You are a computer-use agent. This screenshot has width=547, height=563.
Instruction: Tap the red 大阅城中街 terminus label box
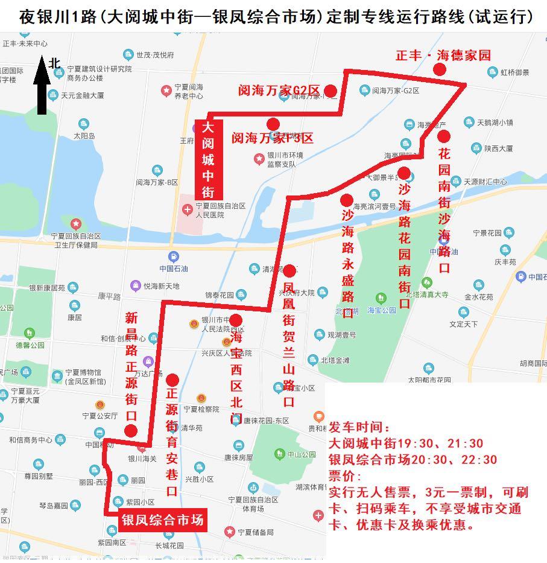[207, 159]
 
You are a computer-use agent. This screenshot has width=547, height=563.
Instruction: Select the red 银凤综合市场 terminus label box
[162, 520]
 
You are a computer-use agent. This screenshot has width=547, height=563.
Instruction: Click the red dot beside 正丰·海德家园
[440, 69]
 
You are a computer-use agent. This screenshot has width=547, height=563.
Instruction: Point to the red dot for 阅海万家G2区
[330, 91]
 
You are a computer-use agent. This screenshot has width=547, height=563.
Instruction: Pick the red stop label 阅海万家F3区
[273, 138]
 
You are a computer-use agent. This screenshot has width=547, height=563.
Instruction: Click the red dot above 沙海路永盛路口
[347, 200]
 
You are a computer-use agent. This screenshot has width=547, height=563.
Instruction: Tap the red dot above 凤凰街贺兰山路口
[289, 270]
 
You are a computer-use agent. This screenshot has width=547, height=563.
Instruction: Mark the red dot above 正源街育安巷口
[172, 380]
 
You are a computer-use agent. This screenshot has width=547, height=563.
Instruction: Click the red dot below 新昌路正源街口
[130, 430]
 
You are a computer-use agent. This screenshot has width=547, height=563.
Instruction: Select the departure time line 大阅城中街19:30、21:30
[405, 444]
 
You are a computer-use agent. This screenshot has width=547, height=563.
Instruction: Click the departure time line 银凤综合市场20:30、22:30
[413, 460]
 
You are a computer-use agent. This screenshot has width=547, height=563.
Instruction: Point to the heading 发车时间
[359, 428]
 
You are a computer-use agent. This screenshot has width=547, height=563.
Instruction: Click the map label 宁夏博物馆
[83, 372]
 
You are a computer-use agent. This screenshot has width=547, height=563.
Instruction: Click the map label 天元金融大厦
[83, 95]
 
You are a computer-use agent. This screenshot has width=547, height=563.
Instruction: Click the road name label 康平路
[109, 297]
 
